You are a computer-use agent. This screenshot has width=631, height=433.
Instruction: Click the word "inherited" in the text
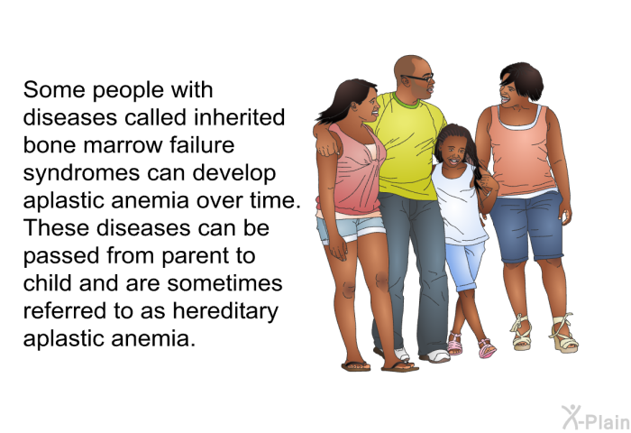tap(240, 117)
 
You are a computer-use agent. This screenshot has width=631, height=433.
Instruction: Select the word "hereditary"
tap(225, 311)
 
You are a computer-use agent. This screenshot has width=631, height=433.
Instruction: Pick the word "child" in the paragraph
tap(49, 283)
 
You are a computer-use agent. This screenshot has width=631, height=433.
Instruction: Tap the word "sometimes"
tap(224, 283)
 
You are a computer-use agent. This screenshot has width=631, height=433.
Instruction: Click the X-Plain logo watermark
tap(596, 418)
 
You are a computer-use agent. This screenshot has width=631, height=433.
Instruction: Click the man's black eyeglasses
tap(418, 78)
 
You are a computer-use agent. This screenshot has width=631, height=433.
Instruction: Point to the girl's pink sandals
tap(471, 345)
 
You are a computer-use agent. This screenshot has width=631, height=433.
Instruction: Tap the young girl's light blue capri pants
tap(465, 266)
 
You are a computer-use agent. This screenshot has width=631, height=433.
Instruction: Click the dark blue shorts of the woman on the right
tap(527, 226)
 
